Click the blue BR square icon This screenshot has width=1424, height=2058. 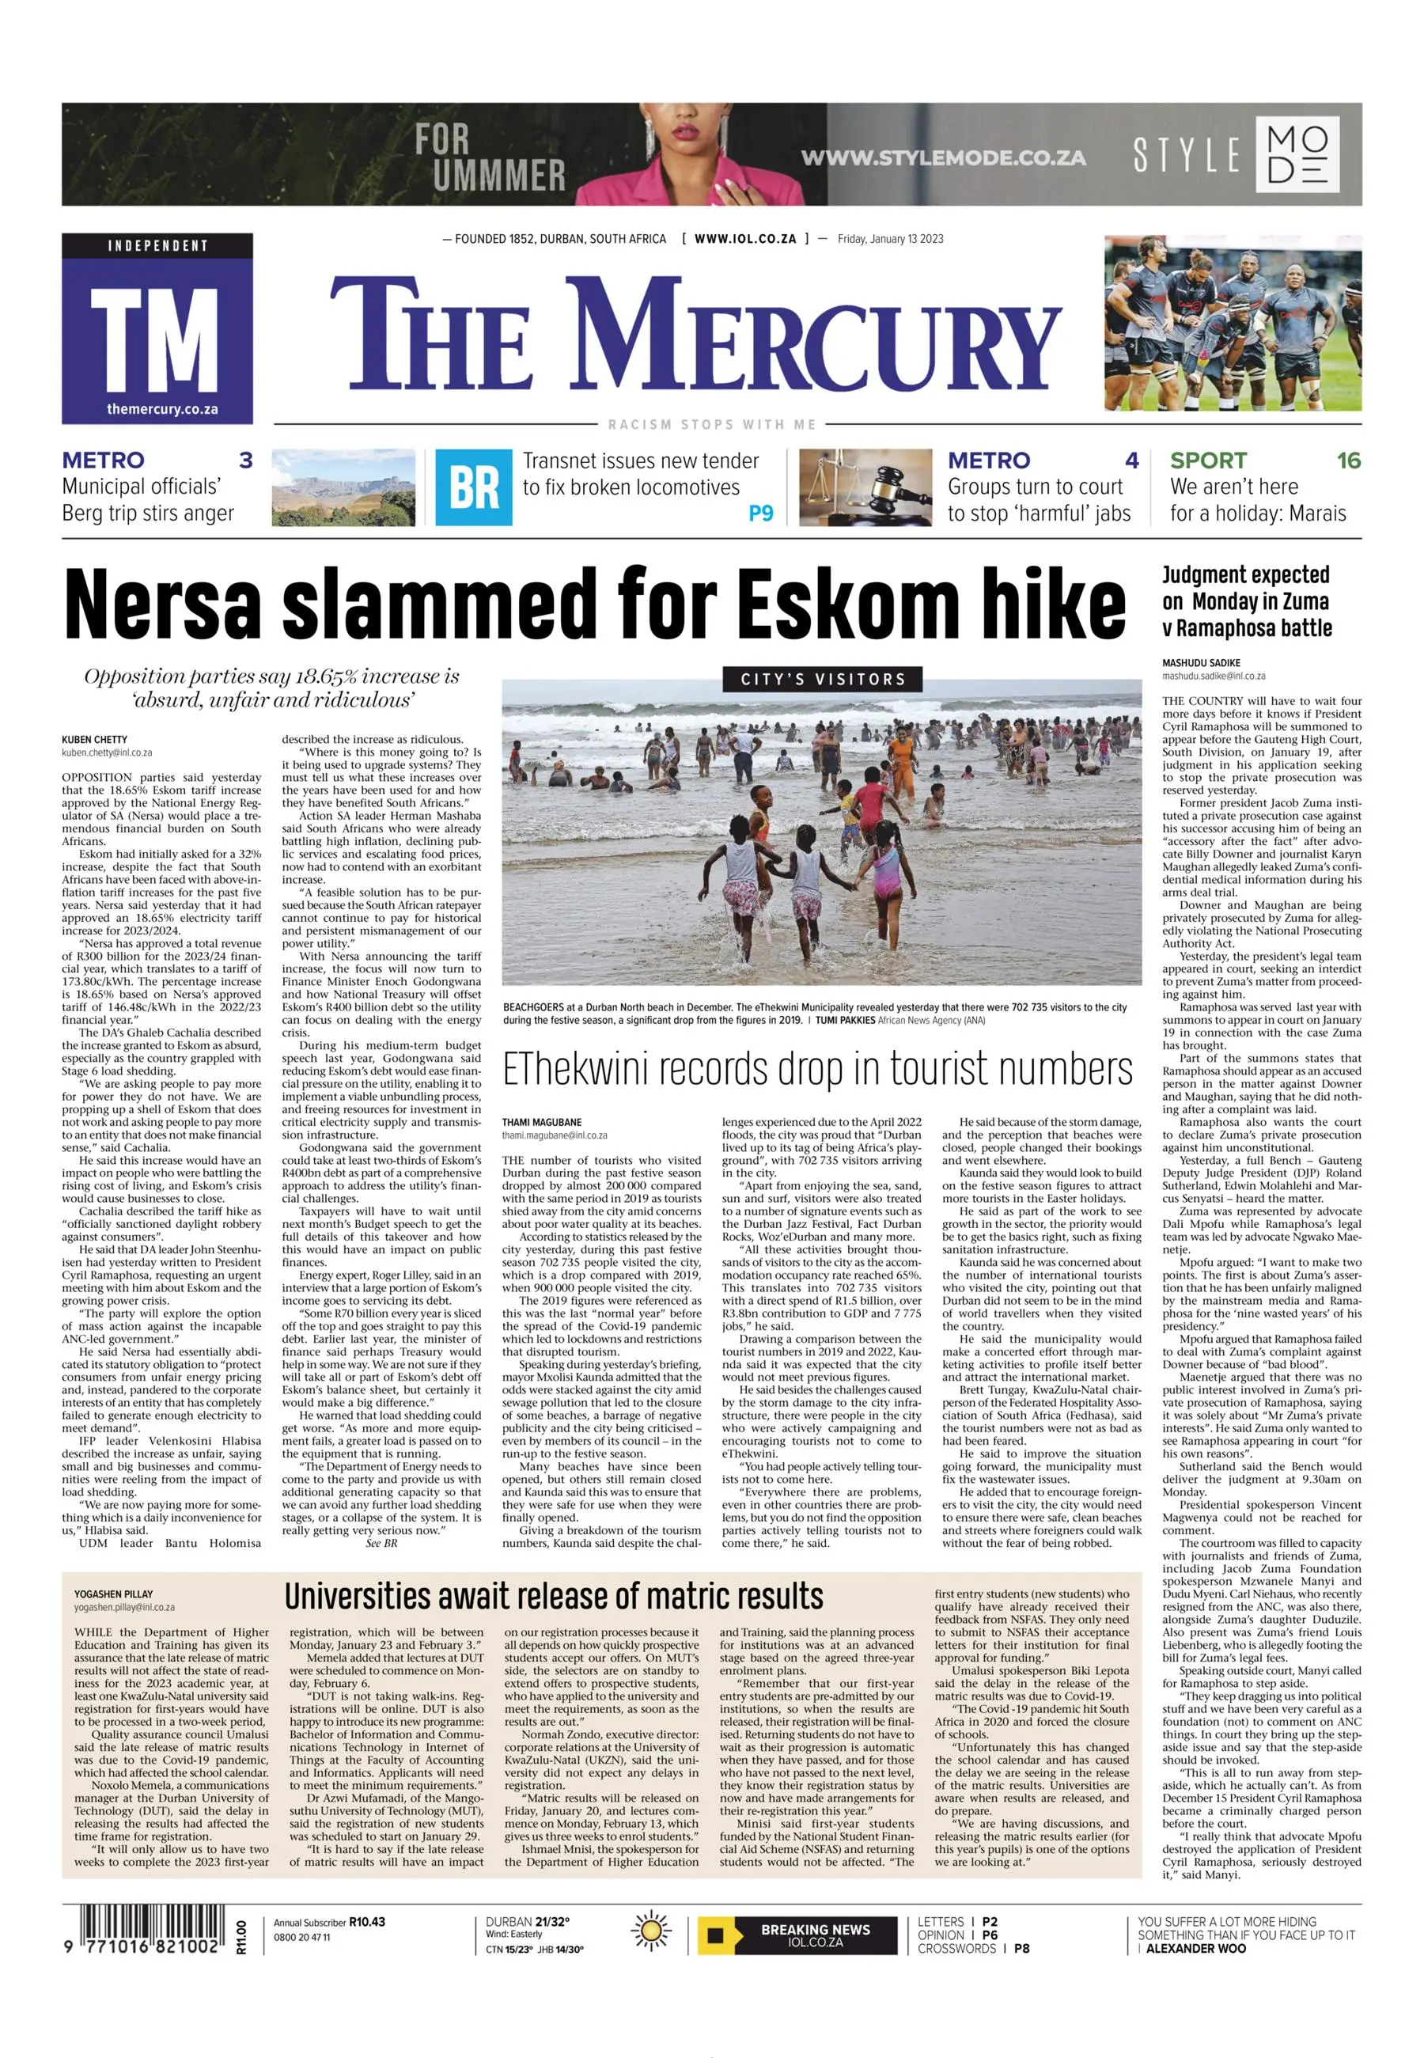(x=474, y=487)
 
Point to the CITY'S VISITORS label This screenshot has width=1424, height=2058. (x=822, y=679)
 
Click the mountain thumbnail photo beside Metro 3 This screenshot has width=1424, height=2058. (x=343, y=487)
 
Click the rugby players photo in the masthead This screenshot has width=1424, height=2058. (x=1233, y=322)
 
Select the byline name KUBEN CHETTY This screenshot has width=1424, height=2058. (x=95, y=739)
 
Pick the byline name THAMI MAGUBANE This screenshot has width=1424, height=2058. (x=542, y=1122)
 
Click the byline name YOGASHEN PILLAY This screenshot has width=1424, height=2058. (x=113, y=1593)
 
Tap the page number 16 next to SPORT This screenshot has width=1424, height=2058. (x=1348, y=460)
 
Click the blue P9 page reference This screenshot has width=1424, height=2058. (x=760, y=514)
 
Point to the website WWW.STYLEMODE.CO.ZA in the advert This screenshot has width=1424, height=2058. (x=942, y=158)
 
